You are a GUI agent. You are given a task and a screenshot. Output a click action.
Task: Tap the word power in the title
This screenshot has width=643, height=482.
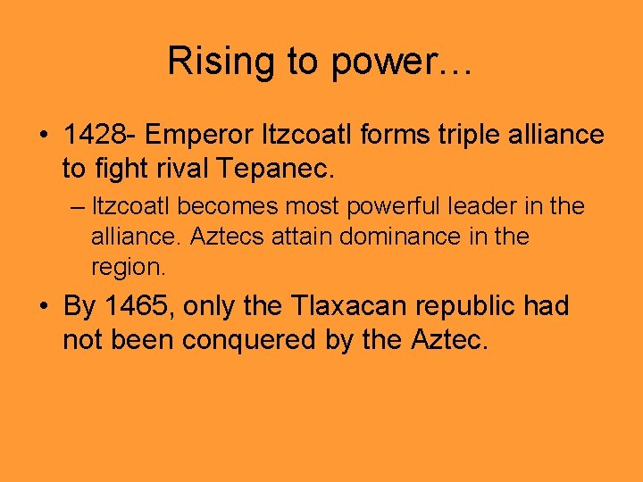[x=377, y=62]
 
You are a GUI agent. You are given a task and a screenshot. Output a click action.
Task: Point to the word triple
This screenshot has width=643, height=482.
[x=431, y=135]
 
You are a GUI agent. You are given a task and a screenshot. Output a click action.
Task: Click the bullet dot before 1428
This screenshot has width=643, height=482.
[x=44, y=136]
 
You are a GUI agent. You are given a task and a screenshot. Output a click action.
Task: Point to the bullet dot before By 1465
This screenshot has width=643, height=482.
[x=44, y=308]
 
